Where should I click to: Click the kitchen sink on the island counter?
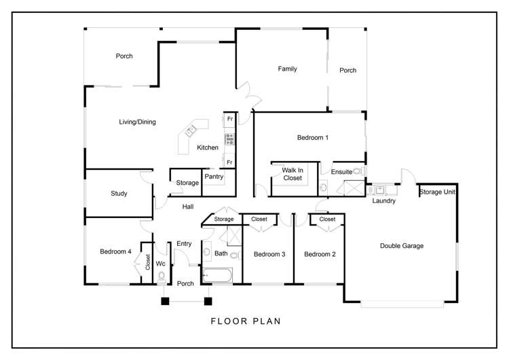click(192, 128)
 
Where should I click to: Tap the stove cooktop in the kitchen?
click(229, 140)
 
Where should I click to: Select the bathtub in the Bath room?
click(217, 275)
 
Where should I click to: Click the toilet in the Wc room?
click(162, 276)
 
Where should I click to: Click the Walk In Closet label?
click(292, 174)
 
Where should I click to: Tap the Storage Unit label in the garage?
click(437, 192)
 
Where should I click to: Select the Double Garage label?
click(401, 246)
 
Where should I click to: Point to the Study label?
click(119, 194)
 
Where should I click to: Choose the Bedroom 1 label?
click(313, 138)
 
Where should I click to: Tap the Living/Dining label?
click(138, 122)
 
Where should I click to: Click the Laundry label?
click(384, 201)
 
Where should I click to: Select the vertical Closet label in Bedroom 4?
click(147, 263)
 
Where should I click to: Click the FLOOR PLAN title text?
click(245, 321)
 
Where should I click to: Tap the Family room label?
click(287, 69)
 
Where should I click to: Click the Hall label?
click(189, 206)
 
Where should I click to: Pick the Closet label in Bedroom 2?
click(327, 219)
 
